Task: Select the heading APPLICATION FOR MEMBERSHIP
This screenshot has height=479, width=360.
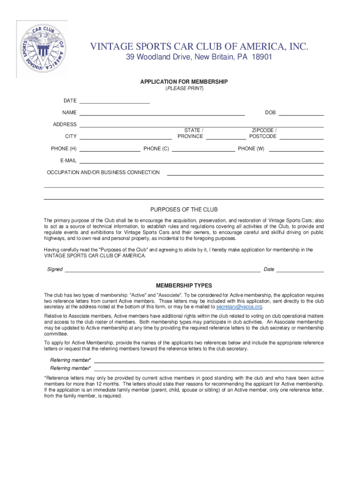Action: click(184, 82)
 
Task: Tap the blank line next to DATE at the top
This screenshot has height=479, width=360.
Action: click(115, 102)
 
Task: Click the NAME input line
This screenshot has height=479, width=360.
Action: click(162, 114)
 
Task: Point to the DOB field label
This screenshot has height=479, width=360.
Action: click(270, 113)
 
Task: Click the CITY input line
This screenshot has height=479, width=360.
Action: click(125, 138)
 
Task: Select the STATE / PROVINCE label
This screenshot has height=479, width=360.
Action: click(190, 133)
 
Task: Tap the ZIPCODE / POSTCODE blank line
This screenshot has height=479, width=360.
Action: click(301, 138)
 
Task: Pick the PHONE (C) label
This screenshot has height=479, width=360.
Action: click(156, 149)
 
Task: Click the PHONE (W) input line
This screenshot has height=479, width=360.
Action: click(295, 151)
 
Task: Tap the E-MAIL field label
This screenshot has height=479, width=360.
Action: click(68, 160)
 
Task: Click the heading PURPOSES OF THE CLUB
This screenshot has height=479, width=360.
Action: click(184, 210)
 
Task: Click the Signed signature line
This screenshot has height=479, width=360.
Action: click(162, 271)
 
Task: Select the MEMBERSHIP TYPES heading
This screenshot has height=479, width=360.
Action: click(184, 285)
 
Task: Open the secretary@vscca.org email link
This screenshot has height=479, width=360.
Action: click(238, 307)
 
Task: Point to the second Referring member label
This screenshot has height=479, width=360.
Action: click(71, 368)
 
